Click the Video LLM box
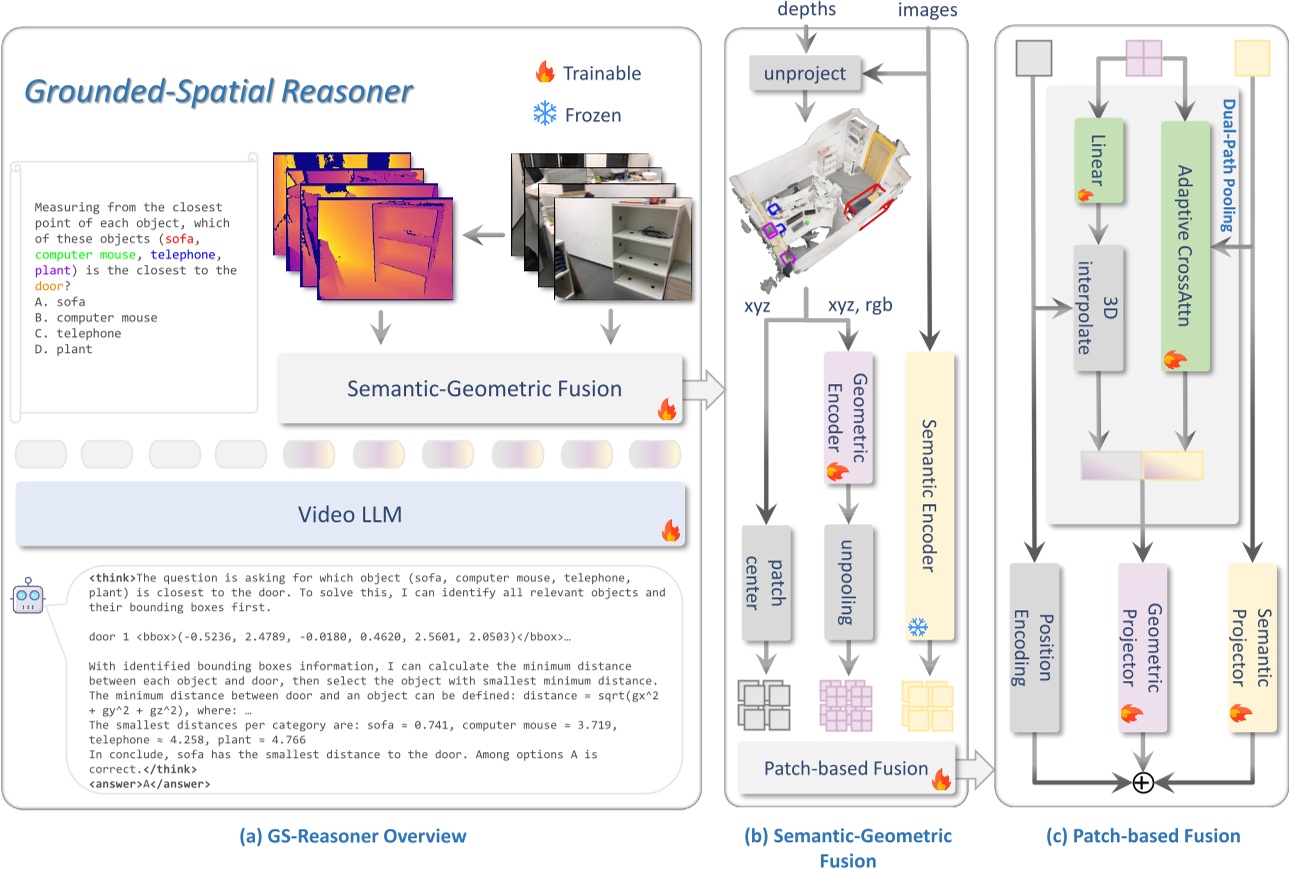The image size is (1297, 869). pos(349,514)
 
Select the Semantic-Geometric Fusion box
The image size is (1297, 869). pos(480,389)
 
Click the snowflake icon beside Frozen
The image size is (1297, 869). pos(544,114)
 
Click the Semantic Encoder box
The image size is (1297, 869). pos(930,496)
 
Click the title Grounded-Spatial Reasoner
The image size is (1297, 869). pos(218,92)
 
